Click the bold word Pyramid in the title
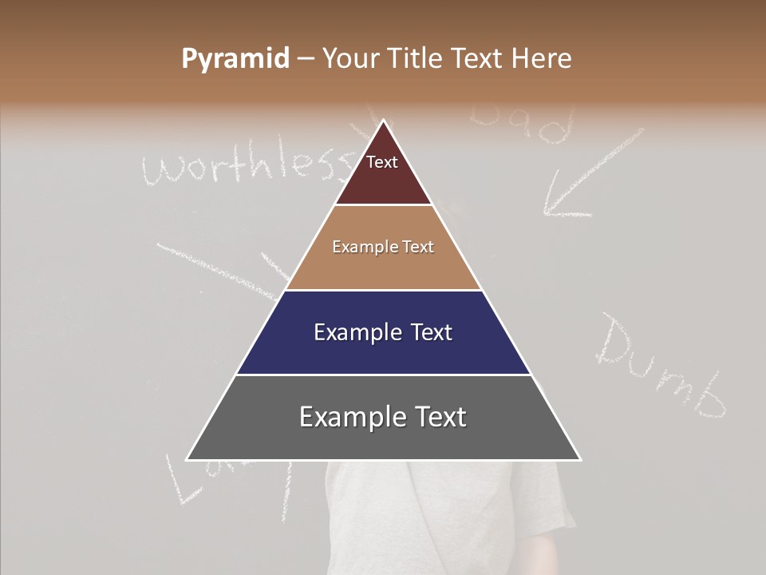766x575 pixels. pos(235,60)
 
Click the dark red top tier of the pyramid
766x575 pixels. pos(383,172)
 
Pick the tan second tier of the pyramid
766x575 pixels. pos(383,248)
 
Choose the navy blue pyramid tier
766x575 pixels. pos(383,332)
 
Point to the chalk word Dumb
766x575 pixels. pos(662,367)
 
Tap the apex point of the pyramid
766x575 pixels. pos(384,121)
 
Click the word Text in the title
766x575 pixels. pos(479,59)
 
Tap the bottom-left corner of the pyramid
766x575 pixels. pos(187,459)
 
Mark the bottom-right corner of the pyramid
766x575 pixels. pos(580,459)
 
